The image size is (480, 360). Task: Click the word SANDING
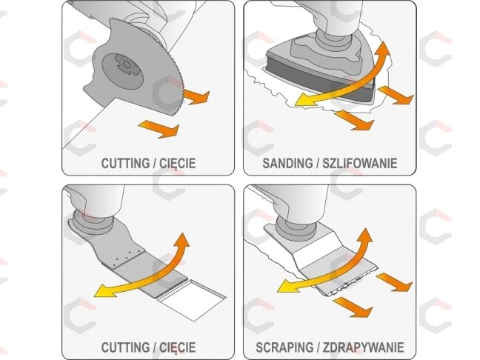tap(287, 163)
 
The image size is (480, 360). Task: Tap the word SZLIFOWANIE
tap(360, 163)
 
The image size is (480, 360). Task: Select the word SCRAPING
tap(284, 347)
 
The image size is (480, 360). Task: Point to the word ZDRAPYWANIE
tap(364, 347)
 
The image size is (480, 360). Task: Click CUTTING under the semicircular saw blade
tap(125, 163)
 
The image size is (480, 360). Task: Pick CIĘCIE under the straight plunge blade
tap(177, 347)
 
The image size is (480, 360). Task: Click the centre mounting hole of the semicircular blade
tap(126, 64)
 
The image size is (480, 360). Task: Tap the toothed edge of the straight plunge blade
tap(171, 289)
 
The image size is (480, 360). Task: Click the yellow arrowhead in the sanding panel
tap(304, 101)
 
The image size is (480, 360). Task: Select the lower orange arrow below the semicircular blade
tap(159, 128)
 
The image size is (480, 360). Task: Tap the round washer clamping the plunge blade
tap(92, 222)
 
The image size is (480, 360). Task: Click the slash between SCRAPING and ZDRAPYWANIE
tap(318, 347)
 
